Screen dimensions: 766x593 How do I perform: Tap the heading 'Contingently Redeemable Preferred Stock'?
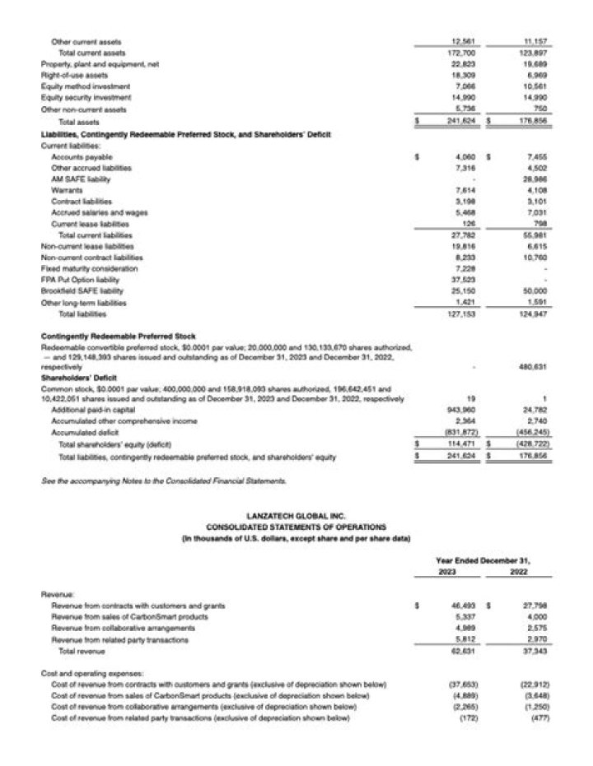pyautogui.click(x=118, y=337)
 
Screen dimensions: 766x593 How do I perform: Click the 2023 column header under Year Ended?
pyautogui.click(x=448, y=571)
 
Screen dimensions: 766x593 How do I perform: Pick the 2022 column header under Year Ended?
pyautogui.click(x=519, y=571)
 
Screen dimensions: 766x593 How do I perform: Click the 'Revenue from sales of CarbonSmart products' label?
pyautogui.click(x=130, y=616)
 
